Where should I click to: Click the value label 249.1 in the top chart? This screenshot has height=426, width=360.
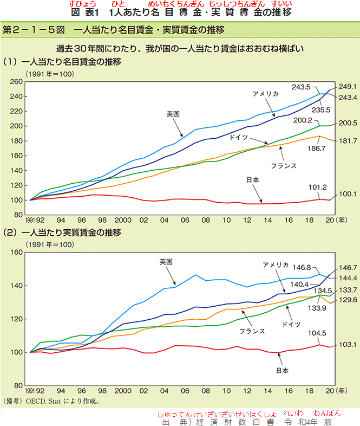point(347,86)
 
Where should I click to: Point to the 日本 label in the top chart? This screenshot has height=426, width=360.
point(252,180)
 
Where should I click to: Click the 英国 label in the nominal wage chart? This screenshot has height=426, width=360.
point(173,114)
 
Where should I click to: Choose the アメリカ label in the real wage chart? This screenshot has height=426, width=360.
point(276,265)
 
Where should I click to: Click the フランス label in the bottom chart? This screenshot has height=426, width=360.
point(252,331)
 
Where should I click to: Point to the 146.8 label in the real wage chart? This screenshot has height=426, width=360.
point(317,267)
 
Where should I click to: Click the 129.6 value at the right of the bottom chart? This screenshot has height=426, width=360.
point(347,300)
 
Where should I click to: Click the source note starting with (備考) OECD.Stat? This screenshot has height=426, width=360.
point(52,402)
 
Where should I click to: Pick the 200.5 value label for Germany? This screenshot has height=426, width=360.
point(347,123)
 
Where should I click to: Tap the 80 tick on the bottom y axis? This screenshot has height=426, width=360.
point(17,386)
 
